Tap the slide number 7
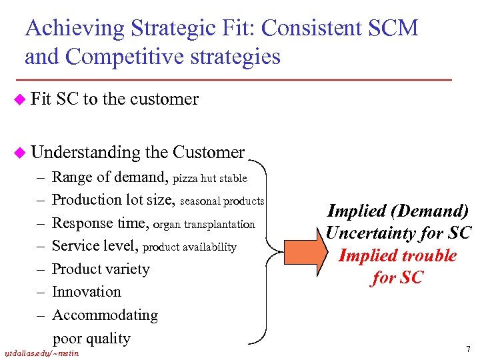point(468,349)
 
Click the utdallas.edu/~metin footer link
point(41,353)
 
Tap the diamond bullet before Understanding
point(21,153)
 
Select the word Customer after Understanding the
point(208,153)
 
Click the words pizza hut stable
point(210,179)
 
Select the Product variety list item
point(101,269)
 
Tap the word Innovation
point(87,292)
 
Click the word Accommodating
point(105,315)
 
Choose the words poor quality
point(91,338)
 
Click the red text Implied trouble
point(397,255)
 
